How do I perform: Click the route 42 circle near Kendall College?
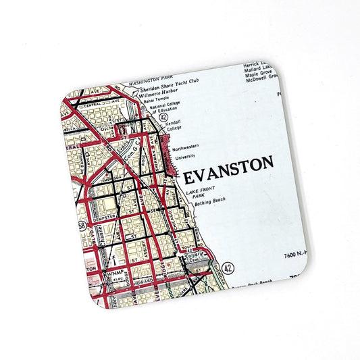pos(163,116)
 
